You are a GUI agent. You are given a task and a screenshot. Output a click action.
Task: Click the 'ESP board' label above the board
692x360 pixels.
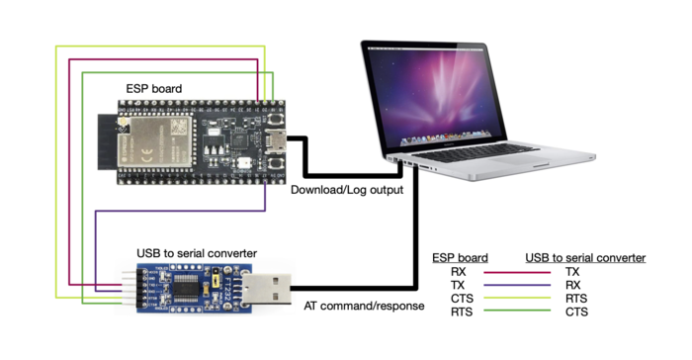pos(153,89)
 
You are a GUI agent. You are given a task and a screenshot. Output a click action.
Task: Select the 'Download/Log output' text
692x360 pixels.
pos(346,189)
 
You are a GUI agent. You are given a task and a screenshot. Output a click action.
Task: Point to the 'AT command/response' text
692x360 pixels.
pos(364,306)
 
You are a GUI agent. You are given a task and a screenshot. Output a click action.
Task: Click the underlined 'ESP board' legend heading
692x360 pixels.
pos(460,257)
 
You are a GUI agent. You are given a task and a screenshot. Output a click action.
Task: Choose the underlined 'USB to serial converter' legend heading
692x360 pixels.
pos(585,257)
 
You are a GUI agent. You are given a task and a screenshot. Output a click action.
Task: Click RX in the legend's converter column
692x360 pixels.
pos(572,284)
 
